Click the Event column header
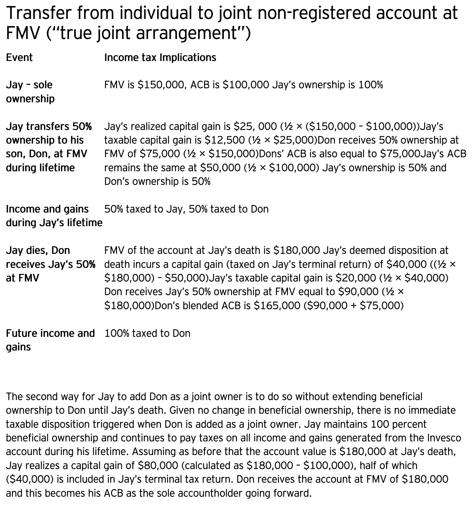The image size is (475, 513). coord(19,58)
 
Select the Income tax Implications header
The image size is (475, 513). coord(160,58)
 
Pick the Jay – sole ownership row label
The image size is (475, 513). coord(30,92)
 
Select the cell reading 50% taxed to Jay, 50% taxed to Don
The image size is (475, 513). coord(186,209)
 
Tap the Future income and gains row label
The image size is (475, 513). coord(50,340)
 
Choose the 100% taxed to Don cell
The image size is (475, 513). coord(147,333)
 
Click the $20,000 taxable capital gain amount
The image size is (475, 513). coord(356,278)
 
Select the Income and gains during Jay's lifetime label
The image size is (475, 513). coord(54,216)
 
